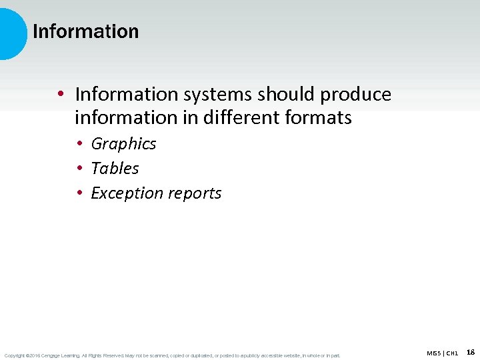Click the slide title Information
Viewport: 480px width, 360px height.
click(85, 31)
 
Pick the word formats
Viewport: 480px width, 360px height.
click(318, 118)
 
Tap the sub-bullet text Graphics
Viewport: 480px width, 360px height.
click(123, 143)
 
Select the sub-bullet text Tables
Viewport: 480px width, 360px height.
click(115, 168)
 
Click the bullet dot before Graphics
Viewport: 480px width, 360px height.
click(79, 144)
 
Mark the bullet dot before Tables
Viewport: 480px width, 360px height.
click(79, 169)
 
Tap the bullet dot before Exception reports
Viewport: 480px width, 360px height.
click(79, 193)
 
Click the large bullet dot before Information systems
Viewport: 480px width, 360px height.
click(61, 95)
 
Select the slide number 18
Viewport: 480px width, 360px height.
click(471, 351)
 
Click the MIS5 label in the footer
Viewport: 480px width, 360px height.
click(434, 353)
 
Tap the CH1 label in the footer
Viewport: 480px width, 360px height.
click(452, 353)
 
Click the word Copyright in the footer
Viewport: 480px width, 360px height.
click(14, 355)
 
